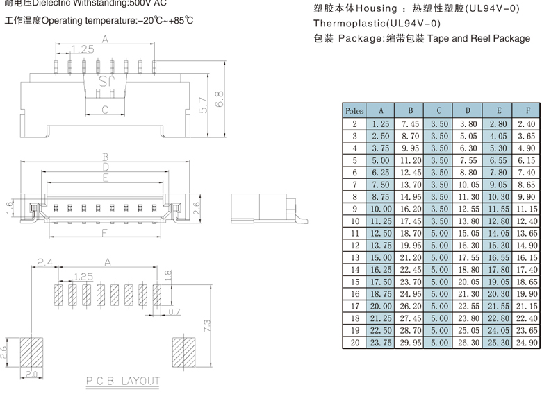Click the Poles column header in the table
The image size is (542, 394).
coord(354,110)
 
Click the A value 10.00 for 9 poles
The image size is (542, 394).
coord(381,209)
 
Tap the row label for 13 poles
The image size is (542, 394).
coord(354,257)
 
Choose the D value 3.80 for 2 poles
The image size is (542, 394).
coord(468,123)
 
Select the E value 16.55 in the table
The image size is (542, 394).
coord(498,257)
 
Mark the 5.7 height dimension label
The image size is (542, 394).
coord(203,104)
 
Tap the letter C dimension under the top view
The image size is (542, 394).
coord(105,110)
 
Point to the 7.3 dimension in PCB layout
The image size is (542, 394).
coord(206,325)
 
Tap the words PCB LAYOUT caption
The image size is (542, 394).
coord(123,381)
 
